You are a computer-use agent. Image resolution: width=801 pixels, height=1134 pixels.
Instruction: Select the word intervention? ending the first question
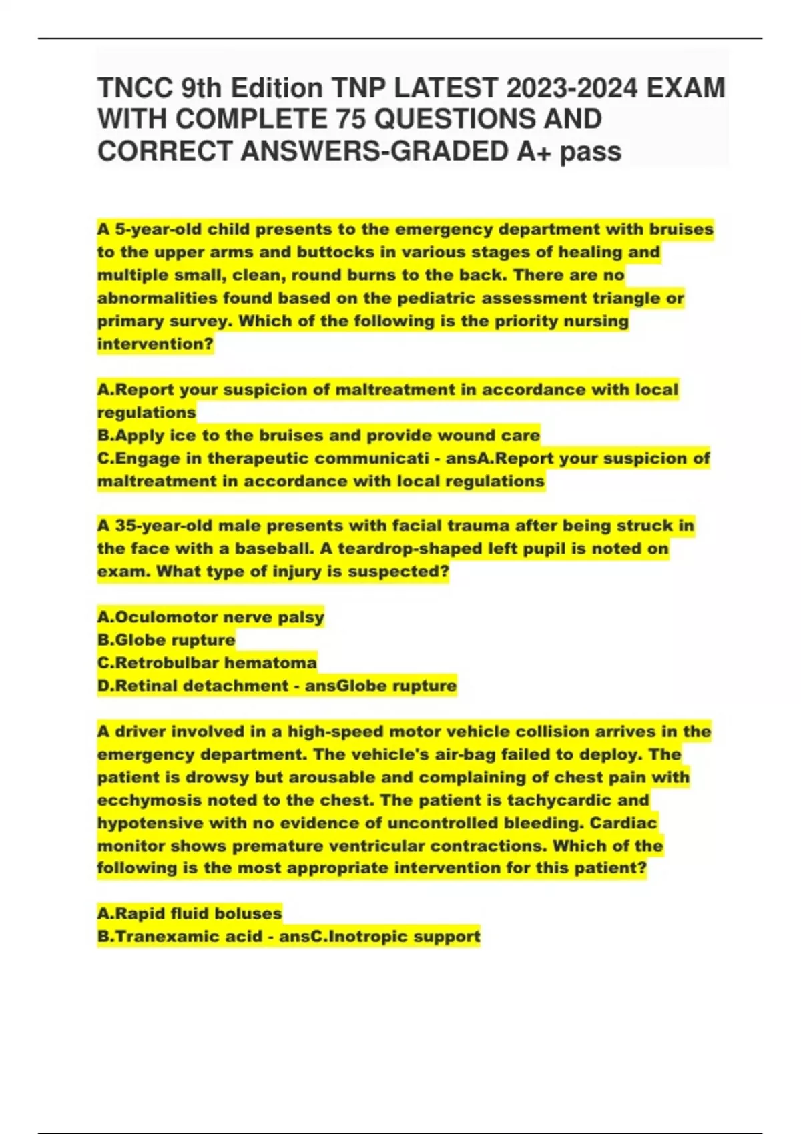(155, 344)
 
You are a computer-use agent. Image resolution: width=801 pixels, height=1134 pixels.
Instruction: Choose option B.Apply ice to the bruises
(318, 436)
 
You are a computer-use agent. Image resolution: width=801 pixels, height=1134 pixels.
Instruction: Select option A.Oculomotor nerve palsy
(210, 618)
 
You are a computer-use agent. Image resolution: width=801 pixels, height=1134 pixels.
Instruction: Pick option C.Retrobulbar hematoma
(207, 663)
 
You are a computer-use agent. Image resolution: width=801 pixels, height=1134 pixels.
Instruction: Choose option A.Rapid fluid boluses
(190, 913)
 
